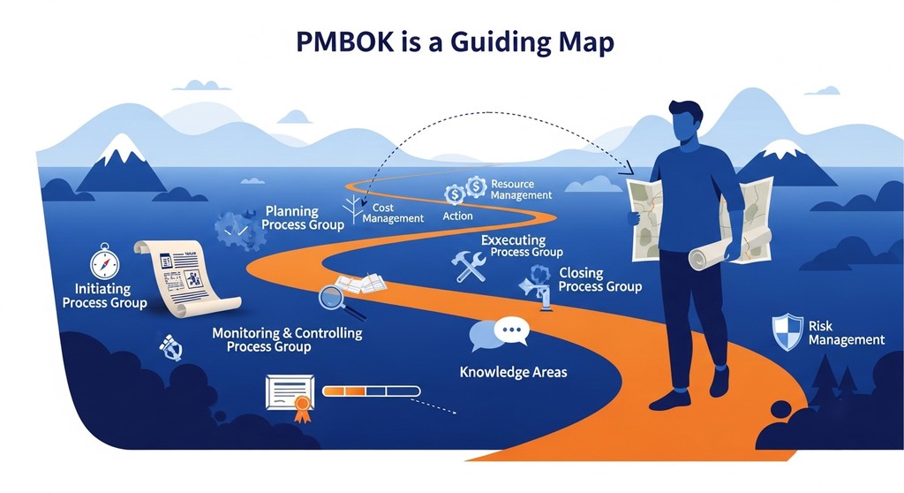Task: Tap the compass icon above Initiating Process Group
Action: point(104,263)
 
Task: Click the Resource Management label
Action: point(521,189)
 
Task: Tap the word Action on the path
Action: point(457,216)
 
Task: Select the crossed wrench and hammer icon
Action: point(468,266)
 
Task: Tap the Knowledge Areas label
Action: point(513,372)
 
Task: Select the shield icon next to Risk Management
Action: point(787,331)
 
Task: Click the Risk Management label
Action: point(845,333)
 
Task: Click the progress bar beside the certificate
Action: point(365,389)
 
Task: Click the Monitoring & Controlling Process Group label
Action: point(287,340)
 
